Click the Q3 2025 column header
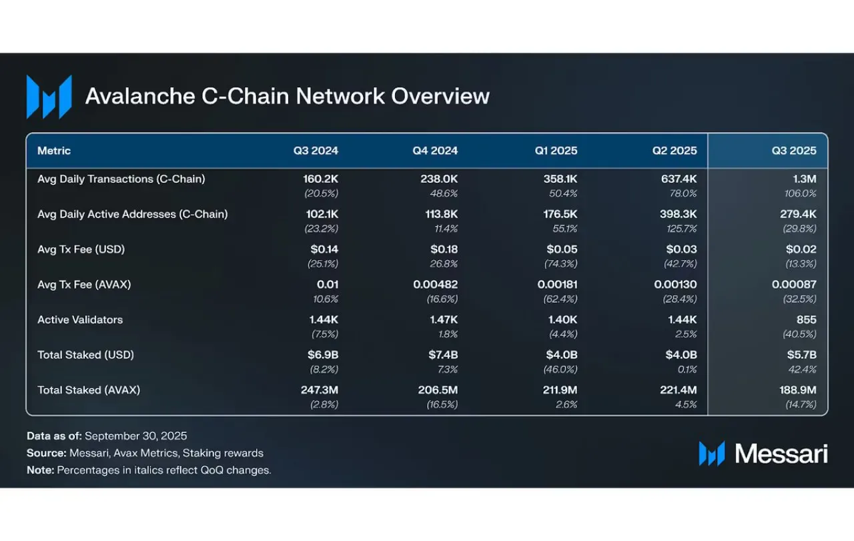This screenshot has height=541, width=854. [x=794, y=151]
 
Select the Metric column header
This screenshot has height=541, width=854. [x=54, y=151]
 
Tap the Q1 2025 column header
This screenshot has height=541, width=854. [x=556, y=151]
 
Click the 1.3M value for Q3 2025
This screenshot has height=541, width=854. [x=805, y=179]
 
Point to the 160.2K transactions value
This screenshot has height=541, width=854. [x=320, y=179]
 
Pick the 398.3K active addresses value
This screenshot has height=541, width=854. [x=679, y=214]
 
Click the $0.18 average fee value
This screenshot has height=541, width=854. [x=444, y=249]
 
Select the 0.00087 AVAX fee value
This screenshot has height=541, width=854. [x=794, y=284]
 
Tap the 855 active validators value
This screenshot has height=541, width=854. [x=807, y=320]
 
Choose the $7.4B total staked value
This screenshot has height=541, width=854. [x=443, y=355]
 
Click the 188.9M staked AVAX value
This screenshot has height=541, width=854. [x=797, y=390]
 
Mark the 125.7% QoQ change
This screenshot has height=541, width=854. [x=681, y=229]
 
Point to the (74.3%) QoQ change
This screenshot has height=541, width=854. [x=560, y=263]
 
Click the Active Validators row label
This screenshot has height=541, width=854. [x=80, y=320]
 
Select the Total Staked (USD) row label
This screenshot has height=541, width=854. [x=85, y=355]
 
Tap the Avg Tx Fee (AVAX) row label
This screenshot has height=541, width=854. [x=84, y=284]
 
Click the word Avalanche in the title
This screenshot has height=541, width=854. [x=140, y=96]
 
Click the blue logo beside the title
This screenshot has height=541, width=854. [x=49, y=97]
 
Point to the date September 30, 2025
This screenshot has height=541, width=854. [x=135, y=436]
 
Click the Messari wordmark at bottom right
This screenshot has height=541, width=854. [x=781, y=454]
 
